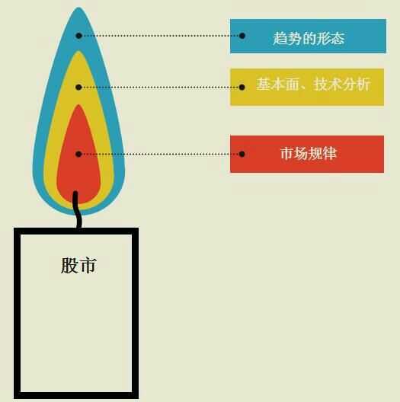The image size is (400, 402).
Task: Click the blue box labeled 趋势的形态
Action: [308, 36]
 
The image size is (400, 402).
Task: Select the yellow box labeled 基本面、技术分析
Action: [307, 87]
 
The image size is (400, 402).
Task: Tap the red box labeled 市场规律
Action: [307, 154]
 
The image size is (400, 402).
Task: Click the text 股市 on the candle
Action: [78, 265]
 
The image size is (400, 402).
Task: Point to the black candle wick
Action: [77, 209]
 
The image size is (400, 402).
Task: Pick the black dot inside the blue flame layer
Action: [78, 36]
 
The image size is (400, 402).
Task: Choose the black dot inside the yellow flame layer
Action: [78, 87]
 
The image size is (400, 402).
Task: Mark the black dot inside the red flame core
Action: [78, 154]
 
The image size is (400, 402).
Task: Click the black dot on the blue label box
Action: [242, 36]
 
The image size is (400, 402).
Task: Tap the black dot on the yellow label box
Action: [242, 87]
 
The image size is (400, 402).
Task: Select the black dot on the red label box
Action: [242, 154]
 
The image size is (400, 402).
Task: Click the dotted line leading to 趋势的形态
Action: [160, 36]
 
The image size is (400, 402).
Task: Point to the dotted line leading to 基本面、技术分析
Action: [160, 87]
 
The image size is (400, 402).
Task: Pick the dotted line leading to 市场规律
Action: [160, 154]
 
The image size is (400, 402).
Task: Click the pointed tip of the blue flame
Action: [78, 7]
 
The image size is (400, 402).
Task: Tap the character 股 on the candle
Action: [69, 265]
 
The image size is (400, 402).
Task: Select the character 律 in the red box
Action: [329, 153]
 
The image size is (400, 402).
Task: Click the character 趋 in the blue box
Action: [280, 38]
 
